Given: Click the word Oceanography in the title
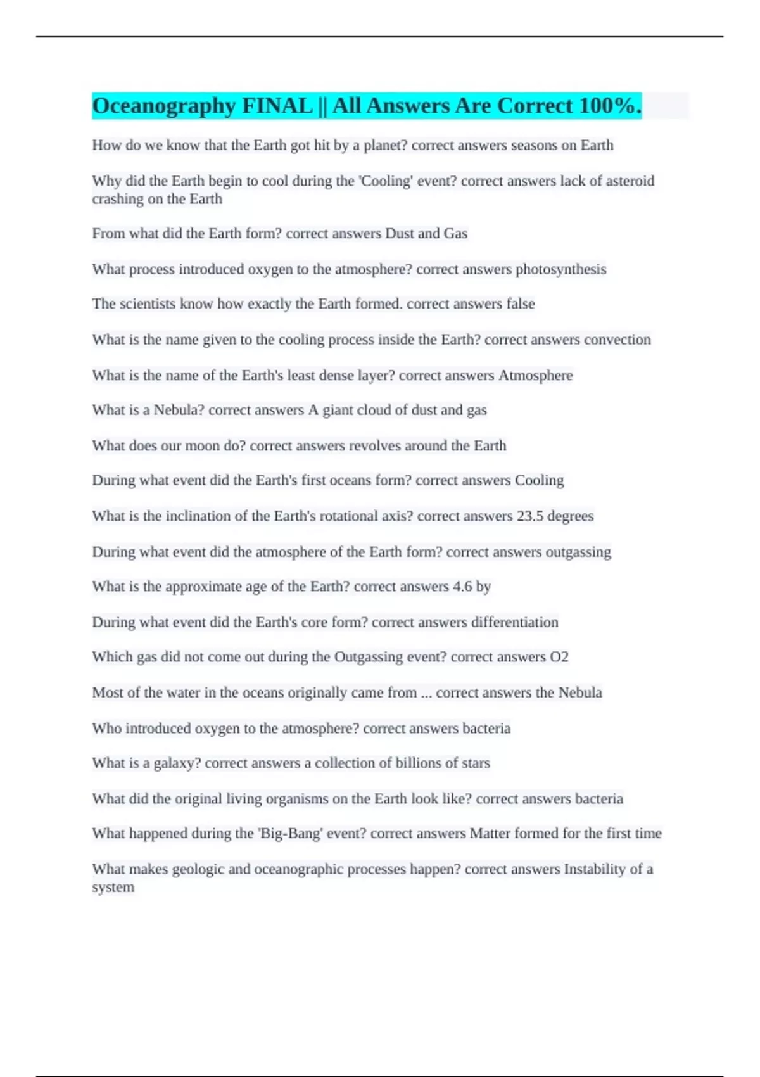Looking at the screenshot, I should coord(164,106).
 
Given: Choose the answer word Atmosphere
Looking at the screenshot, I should coord(535,375).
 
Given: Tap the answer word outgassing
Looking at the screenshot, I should coord(578,552).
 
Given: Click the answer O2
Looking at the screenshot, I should coord(559,657).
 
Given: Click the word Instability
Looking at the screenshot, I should coord(595,869).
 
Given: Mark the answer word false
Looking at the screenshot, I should coord(521,304).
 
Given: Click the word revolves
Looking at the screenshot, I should coord(355,445).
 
